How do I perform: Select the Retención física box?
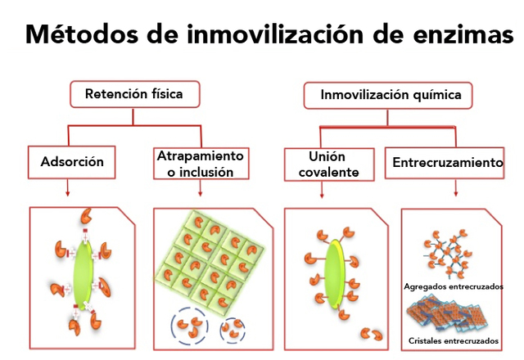pos(133,95)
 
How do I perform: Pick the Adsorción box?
pos(72,161)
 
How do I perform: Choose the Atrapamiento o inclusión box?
pos(201,163)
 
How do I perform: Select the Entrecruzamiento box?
pos(448,163)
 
